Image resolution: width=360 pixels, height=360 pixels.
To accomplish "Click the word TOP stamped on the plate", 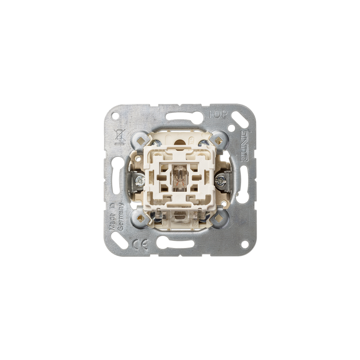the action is click(x=217, y=114).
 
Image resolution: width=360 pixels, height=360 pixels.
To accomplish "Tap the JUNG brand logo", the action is click(x=244, y=146).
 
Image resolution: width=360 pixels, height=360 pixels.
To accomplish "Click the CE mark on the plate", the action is click(x=140, y=244).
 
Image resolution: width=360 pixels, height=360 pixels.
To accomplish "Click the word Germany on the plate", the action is click(x=121, y=216).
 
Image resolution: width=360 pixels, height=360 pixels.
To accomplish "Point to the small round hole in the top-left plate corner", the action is click(x=115, y=115).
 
